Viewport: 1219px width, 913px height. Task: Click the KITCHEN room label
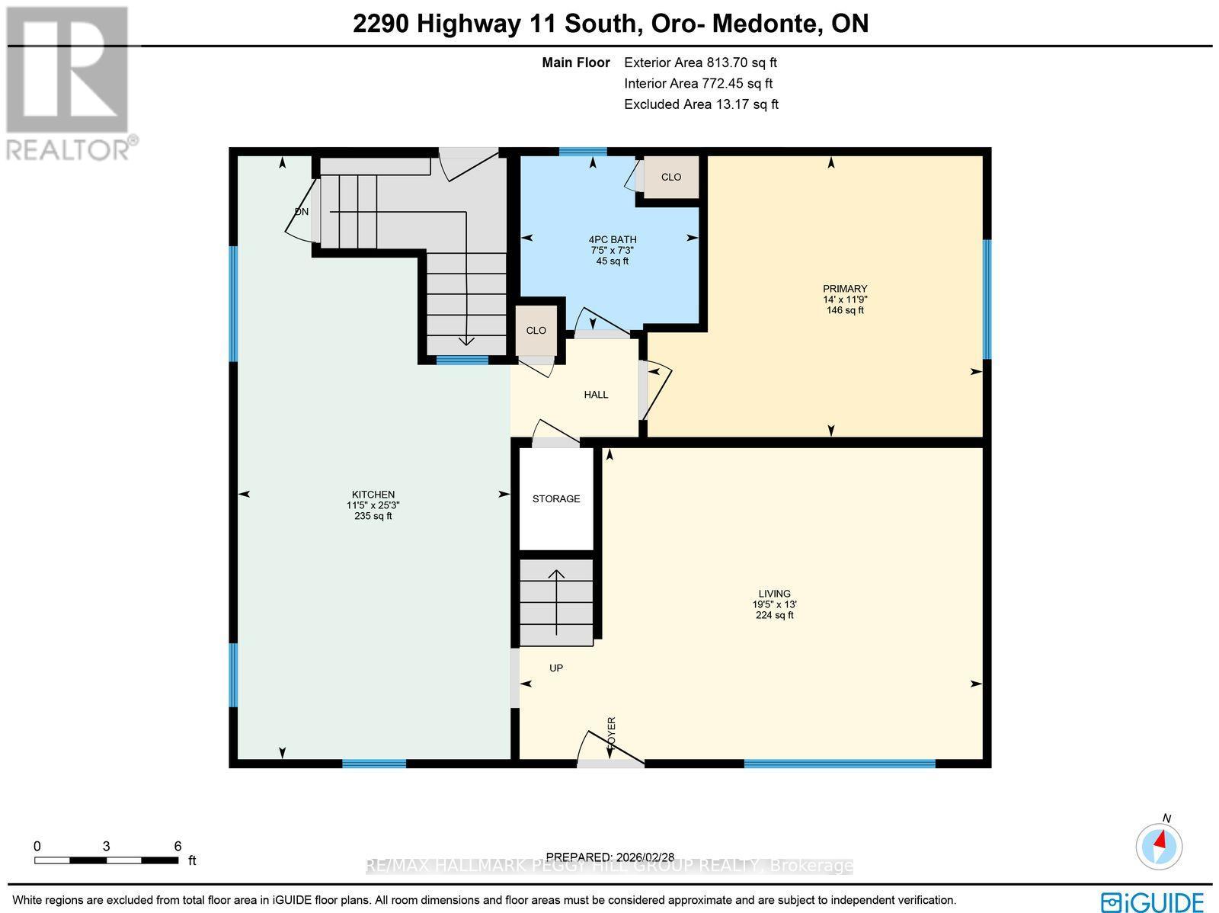(x=373, y=495)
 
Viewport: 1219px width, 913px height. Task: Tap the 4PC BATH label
(x=613, y=239)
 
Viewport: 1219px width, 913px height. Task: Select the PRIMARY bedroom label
(x=845, y=289)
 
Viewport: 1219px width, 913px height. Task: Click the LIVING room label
(x=774, y=594)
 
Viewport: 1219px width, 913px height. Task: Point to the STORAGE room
(x=556, y=498)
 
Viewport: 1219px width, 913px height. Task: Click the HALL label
(x=596, y=395)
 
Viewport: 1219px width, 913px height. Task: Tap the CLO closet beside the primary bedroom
(x=670, y=177)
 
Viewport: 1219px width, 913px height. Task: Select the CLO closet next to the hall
(x=536, y=331)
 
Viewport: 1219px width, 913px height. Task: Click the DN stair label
(x=302, y=212)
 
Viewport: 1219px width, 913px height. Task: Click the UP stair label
(x=556, y=668)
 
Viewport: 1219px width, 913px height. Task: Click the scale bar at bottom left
(x=107, y=860)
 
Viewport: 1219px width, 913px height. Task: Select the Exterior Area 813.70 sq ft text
(x=700, y=63)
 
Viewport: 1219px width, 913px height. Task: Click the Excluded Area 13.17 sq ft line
(x=701, y=104)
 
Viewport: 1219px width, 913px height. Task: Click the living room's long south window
(x=839, y=763)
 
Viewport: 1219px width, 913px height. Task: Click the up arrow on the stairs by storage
(x=556, y=602)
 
